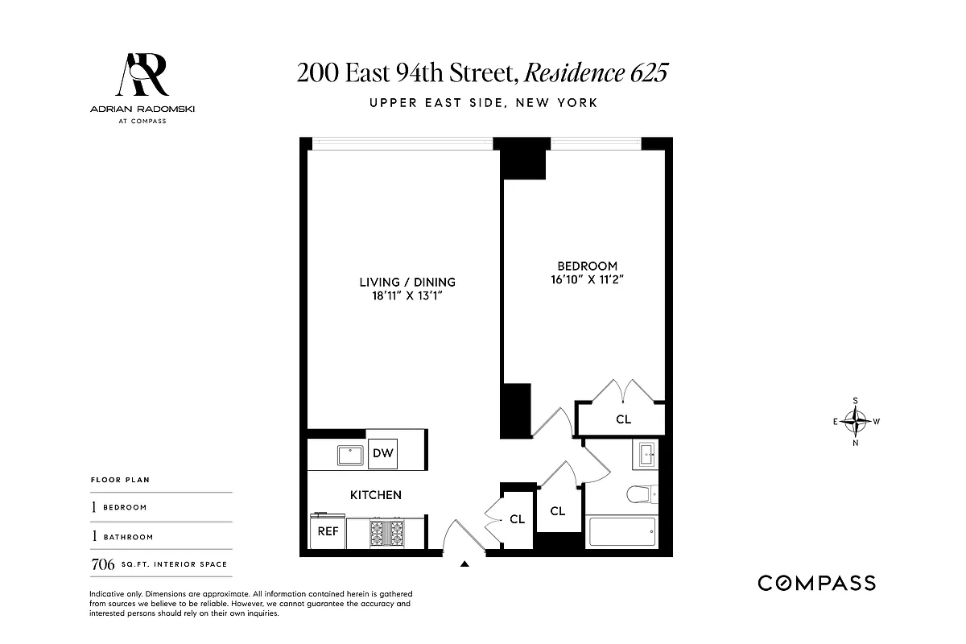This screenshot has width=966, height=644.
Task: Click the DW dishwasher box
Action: click(383, 454)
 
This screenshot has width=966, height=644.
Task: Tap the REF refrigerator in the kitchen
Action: click(328, 531)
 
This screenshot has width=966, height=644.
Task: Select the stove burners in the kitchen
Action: click(386, 533)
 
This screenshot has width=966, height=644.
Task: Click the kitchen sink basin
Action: click(350, 455)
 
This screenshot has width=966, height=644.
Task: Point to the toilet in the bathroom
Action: click(642, 494)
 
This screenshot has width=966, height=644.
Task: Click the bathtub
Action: click(621, 532)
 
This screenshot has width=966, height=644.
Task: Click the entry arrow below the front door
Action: click(464, 564)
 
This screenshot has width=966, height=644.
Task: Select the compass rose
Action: click(856, 420)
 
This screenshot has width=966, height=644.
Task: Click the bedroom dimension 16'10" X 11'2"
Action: click(587, 281)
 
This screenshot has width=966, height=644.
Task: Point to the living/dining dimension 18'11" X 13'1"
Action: click(407, 296)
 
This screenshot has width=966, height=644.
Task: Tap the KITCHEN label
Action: click(375, 495)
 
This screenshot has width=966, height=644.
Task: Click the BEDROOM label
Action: click(588, 266)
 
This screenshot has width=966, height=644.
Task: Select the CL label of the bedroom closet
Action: click(623, 419)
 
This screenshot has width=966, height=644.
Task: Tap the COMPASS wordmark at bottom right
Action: click(816, 583)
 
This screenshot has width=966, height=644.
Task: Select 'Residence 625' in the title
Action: click(596, 73)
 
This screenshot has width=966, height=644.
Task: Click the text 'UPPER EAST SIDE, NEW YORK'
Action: click(483, 103)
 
